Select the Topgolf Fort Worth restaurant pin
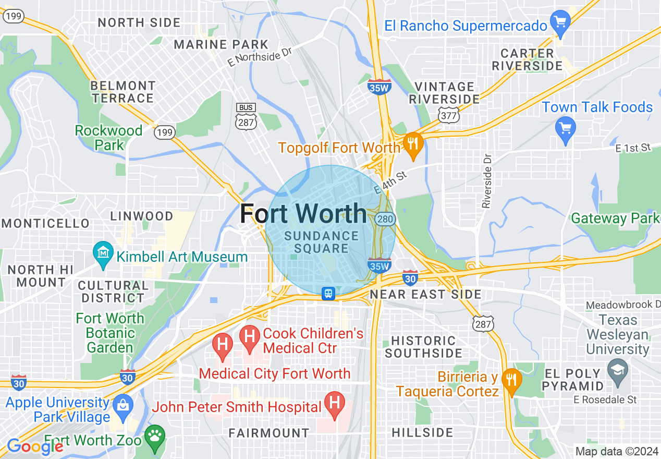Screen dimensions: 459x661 click(413, 145)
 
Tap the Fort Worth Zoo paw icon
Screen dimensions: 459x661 click(155, 437)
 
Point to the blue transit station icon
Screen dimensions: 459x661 click(328, 294)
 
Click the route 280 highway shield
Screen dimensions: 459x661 click(385, 219)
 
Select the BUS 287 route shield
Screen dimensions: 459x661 click(246, 116)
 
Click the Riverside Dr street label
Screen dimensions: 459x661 click(487, 180)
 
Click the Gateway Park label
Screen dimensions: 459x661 click(616, 218)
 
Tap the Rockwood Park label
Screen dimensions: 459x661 click(109, 137)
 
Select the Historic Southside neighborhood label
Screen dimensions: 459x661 click(423, 347)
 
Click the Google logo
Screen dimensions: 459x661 click(35, 446)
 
